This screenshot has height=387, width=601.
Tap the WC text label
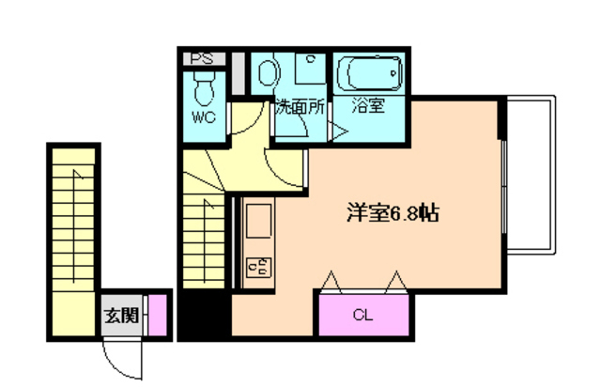203,118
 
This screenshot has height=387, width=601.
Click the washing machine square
309,70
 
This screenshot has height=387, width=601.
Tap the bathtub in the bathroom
369,71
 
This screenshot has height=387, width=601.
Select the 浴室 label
368,105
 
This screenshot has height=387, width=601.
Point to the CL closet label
362,316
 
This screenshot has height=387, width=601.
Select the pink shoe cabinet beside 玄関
159,315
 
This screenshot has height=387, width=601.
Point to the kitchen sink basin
257,225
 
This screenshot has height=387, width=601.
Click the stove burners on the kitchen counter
256,268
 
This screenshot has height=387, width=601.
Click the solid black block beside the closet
205,315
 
